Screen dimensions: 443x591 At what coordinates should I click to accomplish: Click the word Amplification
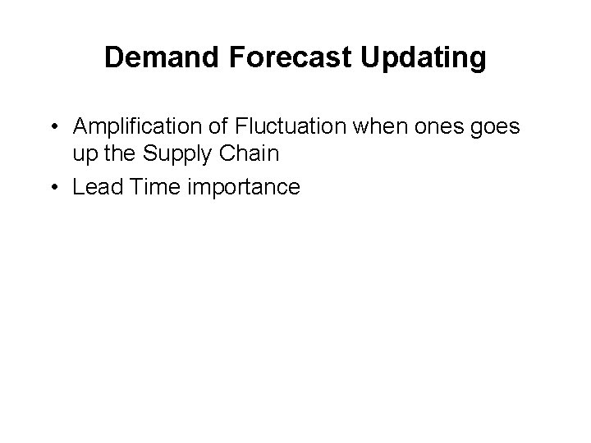tap(131, 127)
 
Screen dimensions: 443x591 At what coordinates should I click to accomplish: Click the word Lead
tap(95, 187)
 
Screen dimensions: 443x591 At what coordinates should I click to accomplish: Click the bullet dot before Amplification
tap(52, 128)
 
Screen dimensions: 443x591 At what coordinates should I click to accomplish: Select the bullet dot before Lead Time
tap(52, 188)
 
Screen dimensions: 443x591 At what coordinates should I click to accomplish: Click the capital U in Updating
tap(370, 58)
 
